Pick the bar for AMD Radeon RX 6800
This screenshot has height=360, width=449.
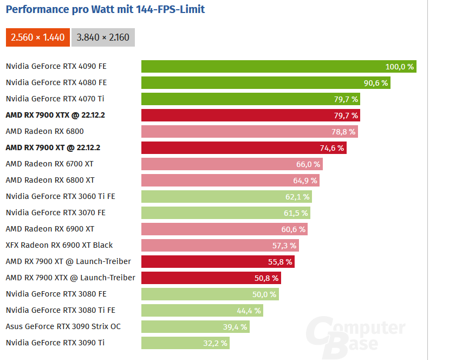[x=249, y=132]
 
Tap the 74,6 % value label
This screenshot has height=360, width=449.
[x=332, y=148]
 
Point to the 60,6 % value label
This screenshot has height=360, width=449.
[x=294, y=229]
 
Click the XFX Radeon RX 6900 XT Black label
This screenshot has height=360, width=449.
[x=59, y=245]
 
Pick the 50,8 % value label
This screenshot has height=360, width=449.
[x=266, y=278]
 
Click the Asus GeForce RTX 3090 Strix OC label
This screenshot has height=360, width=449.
[x=63, y=326]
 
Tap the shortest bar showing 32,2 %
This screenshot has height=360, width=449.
[x=185, y=343]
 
